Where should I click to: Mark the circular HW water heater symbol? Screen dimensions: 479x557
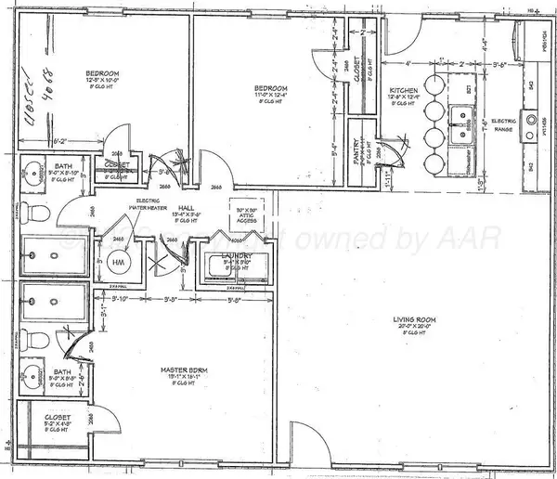118,263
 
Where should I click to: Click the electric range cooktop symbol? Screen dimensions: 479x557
531,120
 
